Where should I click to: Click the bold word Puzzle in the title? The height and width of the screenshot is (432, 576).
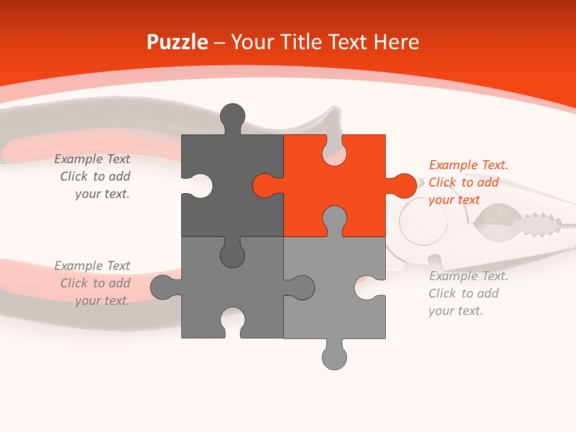pyautogui.click(x=177, y=42)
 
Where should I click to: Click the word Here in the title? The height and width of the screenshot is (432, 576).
pyautogui.click(x=396, y=42)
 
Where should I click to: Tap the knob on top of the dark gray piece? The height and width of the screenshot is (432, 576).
pyautogui.click(x=233, y=116)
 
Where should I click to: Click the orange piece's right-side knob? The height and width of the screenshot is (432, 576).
pyautogui.click(x=403, y=185)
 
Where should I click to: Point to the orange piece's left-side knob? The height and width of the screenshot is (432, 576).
pyautogui.click(x=264, y=185)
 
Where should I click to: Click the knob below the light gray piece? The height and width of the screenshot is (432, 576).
pyautogui.click(x=334, y=357)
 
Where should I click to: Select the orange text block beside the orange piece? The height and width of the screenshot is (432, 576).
pyautogui.click(x=468, y=182)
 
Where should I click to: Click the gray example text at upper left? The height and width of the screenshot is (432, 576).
pyautogui.click(x=93, y=176)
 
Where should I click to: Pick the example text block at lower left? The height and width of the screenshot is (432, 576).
pyautogui.click(x=93, y=283)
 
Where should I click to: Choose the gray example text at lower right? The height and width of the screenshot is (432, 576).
pyautogui.click(x=468, y=293)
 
